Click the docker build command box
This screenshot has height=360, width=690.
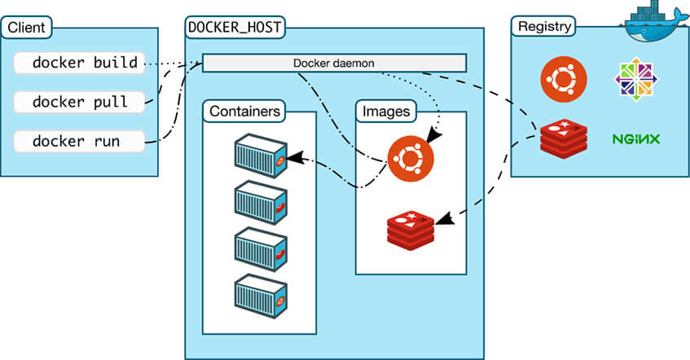pos(80,62)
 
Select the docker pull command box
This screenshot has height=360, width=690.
pos(80,102)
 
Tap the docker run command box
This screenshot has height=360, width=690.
pos(80,141)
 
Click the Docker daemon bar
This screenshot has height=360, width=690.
pos(334,63)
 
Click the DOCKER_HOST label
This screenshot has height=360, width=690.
pos(235,27)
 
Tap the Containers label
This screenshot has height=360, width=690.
pos(245,111)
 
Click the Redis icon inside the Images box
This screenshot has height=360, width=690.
pos(411,229)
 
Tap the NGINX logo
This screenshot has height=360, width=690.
pos(635,139)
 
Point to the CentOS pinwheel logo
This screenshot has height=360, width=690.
pos(635,80)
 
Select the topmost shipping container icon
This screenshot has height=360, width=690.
pos(260,154)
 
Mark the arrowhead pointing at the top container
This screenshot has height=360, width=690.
pos(293,156)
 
